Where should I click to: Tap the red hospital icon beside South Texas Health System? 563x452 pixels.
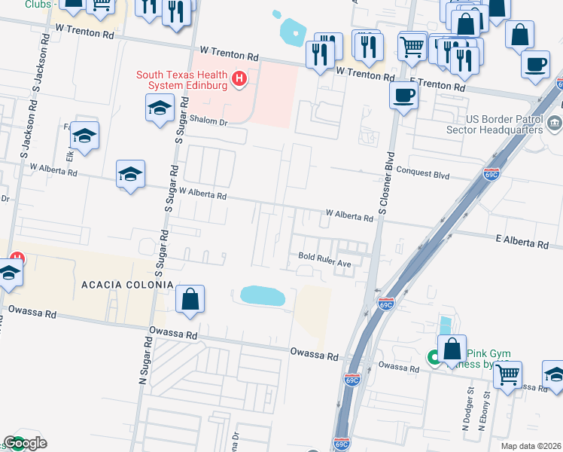[x=239, y=78]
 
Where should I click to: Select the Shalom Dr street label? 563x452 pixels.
[x=207, y=121]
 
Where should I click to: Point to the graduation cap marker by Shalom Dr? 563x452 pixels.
[x=160, y=110]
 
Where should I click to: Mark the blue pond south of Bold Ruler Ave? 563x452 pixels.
[x=262, y=295]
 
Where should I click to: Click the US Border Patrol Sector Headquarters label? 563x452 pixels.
[x=504, y=124]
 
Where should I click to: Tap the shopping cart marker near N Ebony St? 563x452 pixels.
[x=507, y=374]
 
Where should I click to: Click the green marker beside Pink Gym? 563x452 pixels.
[x=434, y=359]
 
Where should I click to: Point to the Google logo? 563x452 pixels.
[x=25, y=443]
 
